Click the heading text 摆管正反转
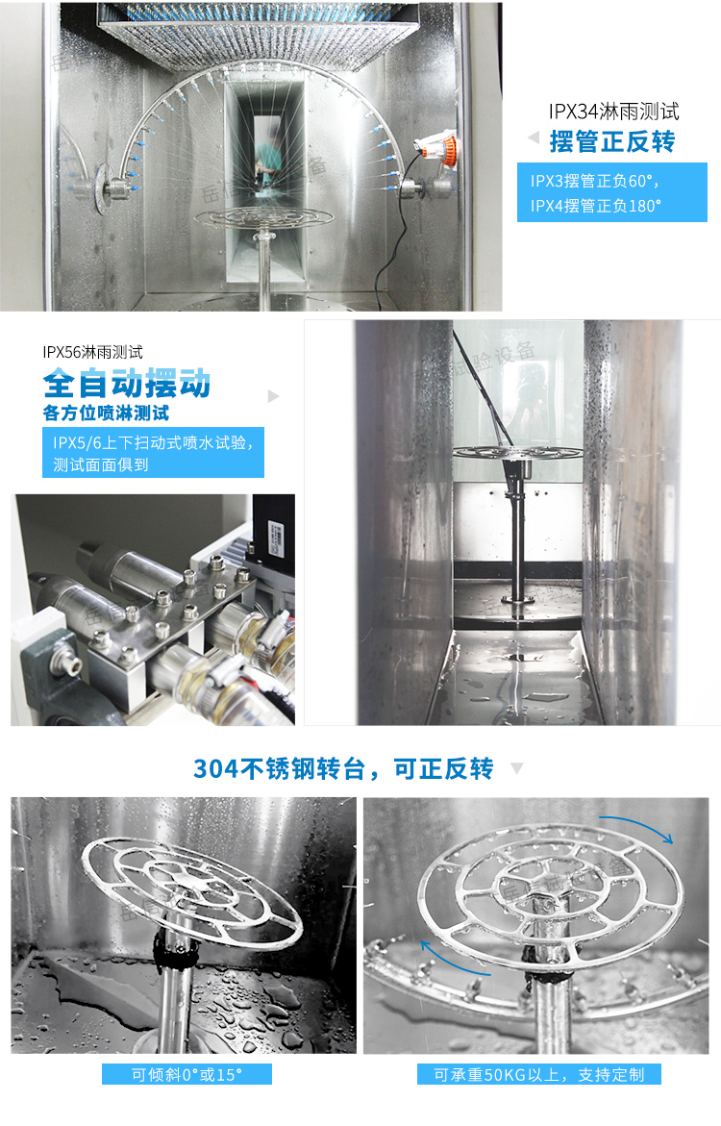pyautogui.click(x=611, y=142)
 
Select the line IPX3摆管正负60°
pyautogui.click(x=594, y=181)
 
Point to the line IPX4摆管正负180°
pyautogui.click(x=596, y=205)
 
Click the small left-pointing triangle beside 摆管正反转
pyautogui.click(x=534, y=138)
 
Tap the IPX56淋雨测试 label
pyautogui.click(x=92, y=352)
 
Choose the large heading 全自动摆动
pyautogui.click(x=126, y=384)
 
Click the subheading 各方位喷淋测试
pyautogui.click(x=106, y=413)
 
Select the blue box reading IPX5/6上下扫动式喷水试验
pyautogui.click(x=153, y=453)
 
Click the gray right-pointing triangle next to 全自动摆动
pyautogui.click(x=274, y=395)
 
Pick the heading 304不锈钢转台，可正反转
pyautogui.click(x=343, y=768)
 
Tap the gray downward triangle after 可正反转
pyautogui.click(x=516, y=768)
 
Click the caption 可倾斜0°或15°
pyautogui.click(x=186, y=1074)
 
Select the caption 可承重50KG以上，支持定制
pyautogui.click(x=538, y=1074)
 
